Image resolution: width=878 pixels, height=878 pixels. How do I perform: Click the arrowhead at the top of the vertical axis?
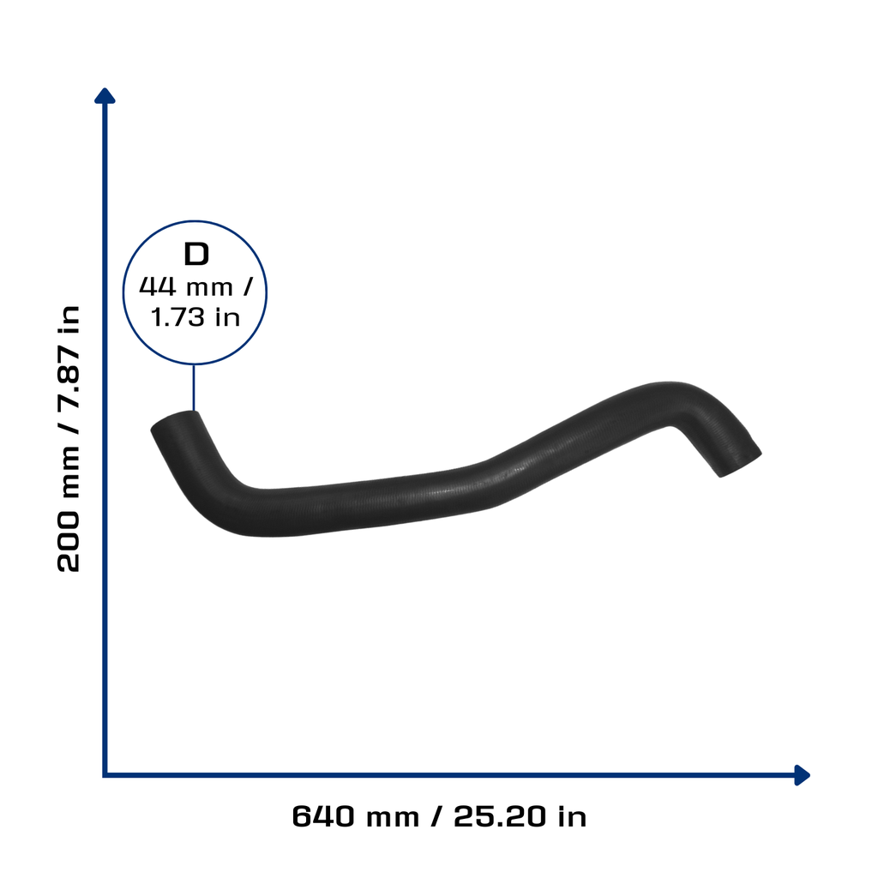point(105,96)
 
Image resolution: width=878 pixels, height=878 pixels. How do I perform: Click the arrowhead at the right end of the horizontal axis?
point(802,775)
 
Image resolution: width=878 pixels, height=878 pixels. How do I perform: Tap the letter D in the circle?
point(196,254)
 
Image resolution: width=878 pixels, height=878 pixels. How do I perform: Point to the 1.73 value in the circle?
point(177,317)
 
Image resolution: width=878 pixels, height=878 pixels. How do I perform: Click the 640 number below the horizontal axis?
point(323,816)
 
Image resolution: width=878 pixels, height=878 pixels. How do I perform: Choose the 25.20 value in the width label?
point(500,816)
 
